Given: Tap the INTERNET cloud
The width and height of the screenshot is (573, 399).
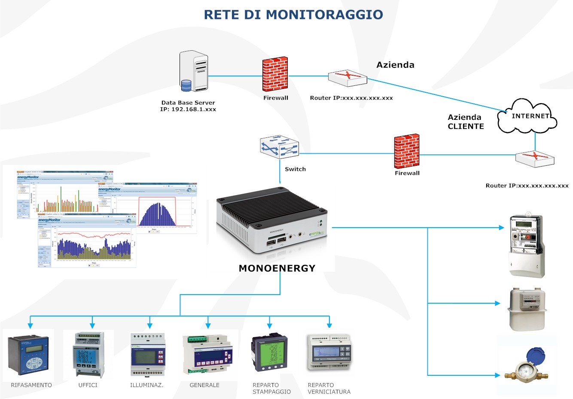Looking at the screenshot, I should click(x=528, y=116).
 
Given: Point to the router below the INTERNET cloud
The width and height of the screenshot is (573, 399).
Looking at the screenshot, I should click(x=535, y=158).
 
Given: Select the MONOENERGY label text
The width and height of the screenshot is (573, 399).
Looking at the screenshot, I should click(x=277, y=268).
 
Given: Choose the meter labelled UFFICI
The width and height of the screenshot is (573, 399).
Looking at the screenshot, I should click(x=89, y=354).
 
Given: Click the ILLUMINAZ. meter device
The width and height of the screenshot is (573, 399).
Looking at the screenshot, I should click(x=148, y=355).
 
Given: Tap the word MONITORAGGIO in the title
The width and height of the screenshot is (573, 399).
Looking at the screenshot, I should click(x=324, y=15).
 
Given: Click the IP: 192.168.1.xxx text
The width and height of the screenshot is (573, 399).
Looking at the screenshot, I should click(x=188, y=110).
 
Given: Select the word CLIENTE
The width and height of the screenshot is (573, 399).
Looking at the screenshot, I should click(x=466, y=126).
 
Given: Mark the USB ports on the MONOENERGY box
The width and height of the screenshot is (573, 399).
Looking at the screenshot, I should click(x=276, y=242).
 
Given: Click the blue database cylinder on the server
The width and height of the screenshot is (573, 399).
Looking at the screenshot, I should click(x=186, y=85).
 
